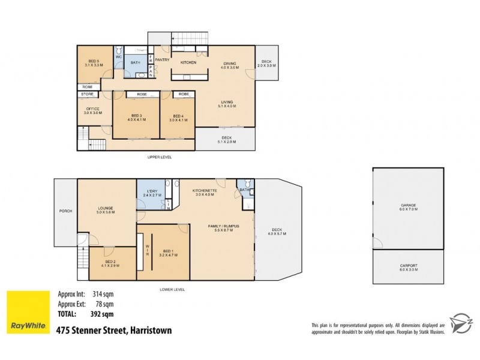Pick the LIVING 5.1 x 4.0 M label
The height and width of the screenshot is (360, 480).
click(x=227, y=104)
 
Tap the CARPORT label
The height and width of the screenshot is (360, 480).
click(x=409, y=266)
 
